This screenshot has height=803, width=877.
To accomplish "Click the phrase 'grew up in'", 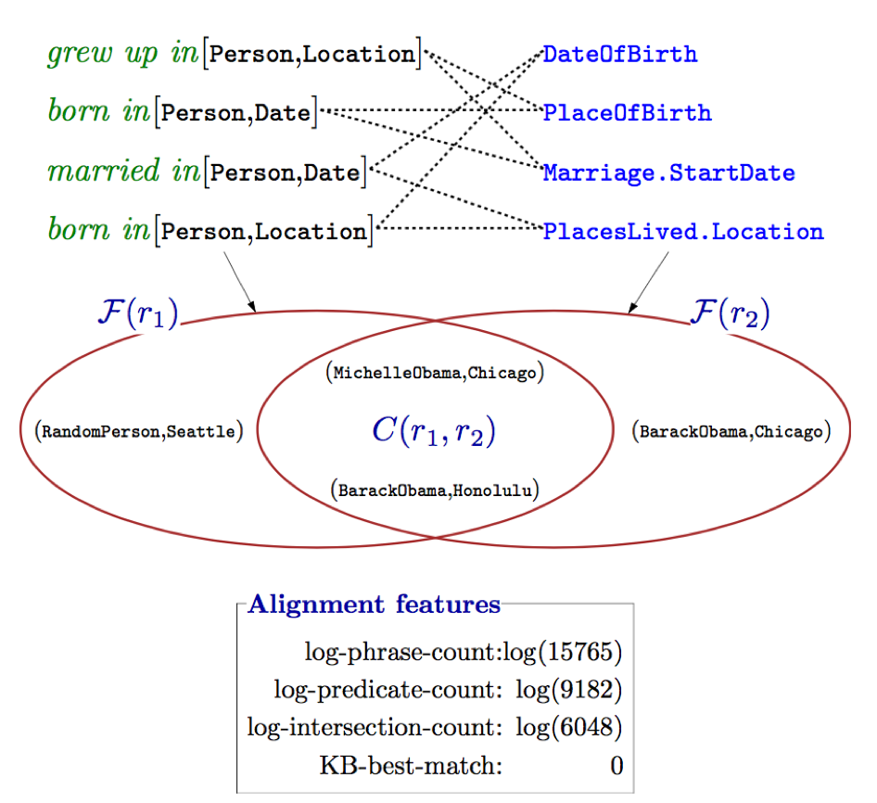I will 121,54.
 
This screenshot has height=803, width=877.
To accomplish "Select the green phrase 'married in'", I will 121,172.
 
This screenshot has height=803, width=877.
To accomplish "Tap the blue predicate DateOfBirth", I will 620,54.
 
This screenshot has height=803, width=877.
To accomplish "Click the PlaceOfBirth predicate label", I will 627,113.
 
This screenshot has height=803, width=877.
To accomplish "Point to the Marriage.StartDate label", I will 668,172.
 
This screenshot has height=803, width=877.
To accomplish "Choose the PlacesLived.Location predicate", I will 682,232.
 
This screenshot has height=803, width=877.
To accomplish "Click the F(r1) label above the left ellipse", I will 137,312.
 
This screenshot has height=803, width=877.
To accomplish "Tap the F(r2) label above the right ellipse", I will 730,312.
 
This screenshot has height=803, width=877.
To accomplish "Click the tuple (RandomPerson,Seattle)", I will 138,431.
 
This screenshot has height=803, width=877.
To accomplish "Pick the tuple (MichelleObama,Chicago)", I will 434,373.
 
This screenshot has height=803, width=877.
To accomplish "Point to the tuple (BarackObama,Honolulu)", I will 434,490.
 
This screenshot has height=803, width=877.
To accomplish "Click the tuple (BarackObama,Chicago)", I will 730,431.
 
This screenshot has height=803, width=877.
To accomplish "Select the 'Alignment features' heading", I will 375,605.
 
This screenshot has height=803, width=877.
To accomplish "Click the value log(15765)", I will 562,653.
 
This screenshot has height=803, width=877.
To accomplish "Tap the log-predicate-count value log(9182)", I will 568,690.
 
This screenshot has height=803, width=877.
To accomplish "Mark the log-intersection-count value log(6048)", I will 568,727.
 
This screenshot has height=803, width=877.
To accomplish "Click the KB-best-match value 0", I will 616,765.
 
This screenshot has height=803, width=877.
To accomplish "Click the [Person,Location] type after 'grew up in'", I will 313,54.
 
